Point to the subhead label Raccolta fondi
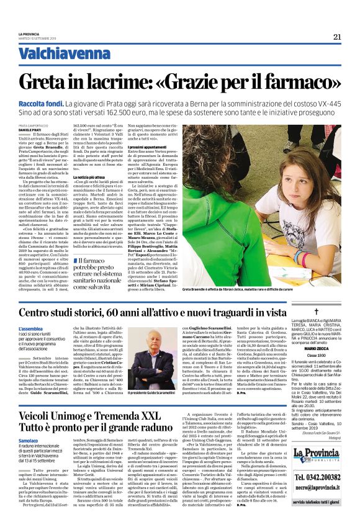coord(55,105)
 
